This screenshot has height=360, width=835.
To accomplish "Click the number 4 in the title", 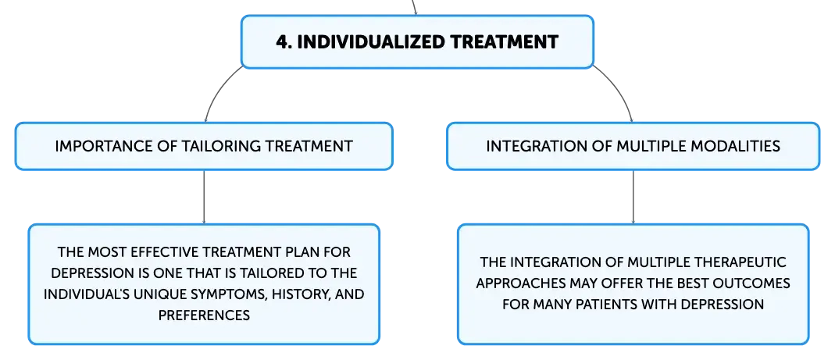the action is pos(282,41).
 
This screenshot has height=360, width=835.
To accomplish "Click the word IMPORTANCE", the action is pos(94,146).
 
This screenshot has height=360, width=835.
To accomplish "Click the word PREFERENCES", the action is pos(204,315).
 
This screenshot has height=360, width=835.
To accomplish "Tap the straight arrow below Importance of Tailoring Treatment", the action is pos(204,197).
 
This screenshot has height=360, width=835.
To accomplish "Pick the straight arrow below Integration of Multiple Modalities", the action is pos(633,197).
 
